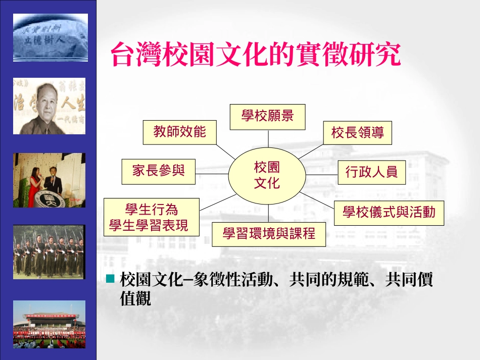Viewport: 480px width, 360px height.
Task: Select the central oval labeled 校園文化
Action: coord(267,175)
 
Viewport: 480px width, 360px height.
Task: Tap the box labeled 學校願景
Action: coord(267,116)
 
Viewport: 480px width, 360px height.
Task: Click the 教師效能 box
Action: coord(180,132)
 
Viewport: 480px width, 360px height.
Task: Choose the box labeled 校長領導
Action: coord(357,133)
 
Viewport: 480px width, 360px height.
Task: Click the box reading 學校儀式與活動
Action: coord(389,213)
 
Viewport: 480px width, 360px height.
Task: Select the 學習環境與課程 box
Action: coord(269,234)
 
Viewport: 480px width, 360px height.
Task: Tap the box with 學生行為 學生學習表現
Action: coord(151,217)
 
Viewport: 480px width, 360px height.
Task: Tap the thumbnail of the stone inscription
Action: coord(50,38)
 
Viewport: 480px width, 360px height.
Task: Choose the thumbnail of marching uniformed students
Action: coord(49,252)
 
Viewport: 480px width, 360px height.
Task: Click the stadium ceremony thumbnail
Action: coord(49,324)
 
